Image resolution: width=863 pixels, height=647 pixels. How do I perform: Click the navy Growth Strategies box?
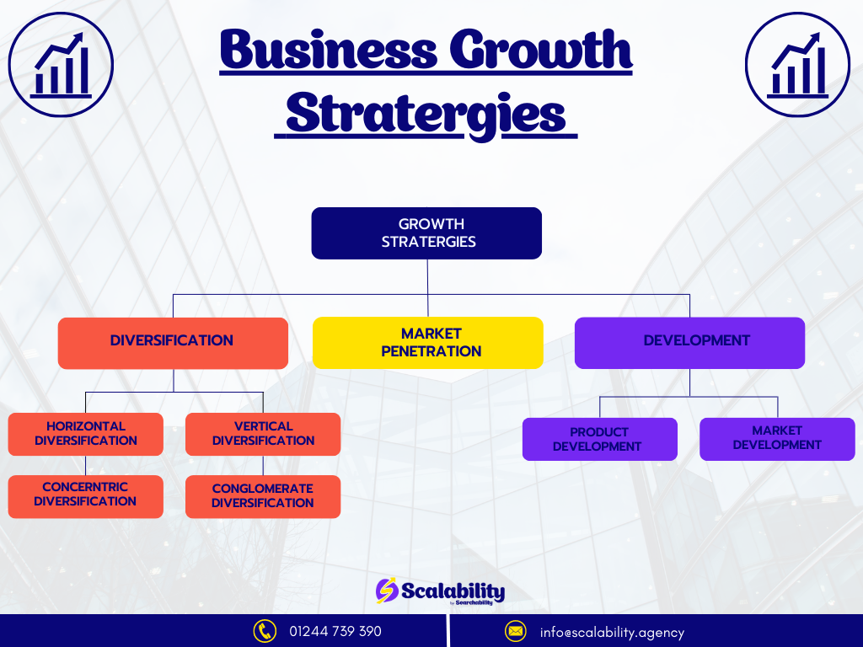coord(426,233)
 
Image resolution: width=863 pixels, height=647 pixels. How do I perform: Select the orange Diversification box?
coord(173,344)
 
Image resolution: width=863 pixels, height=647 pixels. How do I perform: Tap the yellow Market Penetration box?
coord(427,343)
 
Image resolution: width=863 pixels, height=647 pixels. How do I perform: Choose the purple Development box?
coord(689,343)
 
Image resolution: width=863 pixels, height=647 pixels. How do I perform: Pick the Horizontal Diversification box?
coord(85,434)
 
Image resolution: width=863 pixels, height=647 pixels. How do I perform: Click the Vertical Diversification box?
coord(263,434)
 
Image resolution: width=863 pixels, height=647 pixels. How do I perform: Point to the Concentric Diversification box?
coord(85,497)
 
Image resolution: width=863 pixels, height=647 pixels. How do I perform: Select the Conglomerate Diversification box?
coord(263,497)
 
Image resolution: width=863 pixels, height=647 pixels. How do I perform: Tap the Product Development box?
coord(600,439)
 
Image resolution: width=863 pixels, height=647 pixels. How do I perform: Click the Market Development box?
coord(777,439)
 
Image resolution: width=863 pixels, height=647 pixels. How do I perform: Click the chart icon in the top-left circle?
coord(61,65)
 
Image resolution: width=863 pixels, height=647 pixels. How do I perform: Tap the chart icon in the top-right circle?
coord(797,65)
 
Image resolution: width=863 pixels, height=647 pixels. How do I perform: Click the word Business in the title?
coord(329,50)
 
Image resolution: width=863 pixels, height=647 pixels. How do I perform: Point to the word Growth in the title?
coord(541,50)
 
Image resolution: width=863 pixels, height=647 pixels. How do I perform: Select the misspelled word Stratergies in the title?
coord(426,115)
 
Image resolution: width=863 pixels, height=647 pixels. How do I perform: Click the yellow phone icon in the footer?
coord(265,631)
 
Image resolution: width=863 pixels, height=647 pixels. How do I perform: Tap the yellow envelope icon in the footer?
coord(516,631)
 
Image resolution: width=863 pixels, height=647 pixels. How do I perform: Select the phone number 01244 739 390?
coord(335,631)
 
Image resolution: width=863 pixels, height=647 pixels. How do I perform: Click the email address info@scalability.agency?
coord(612,633)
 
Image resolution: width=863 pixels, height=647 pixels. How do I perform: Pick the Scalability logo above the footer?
coord(440,591)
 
